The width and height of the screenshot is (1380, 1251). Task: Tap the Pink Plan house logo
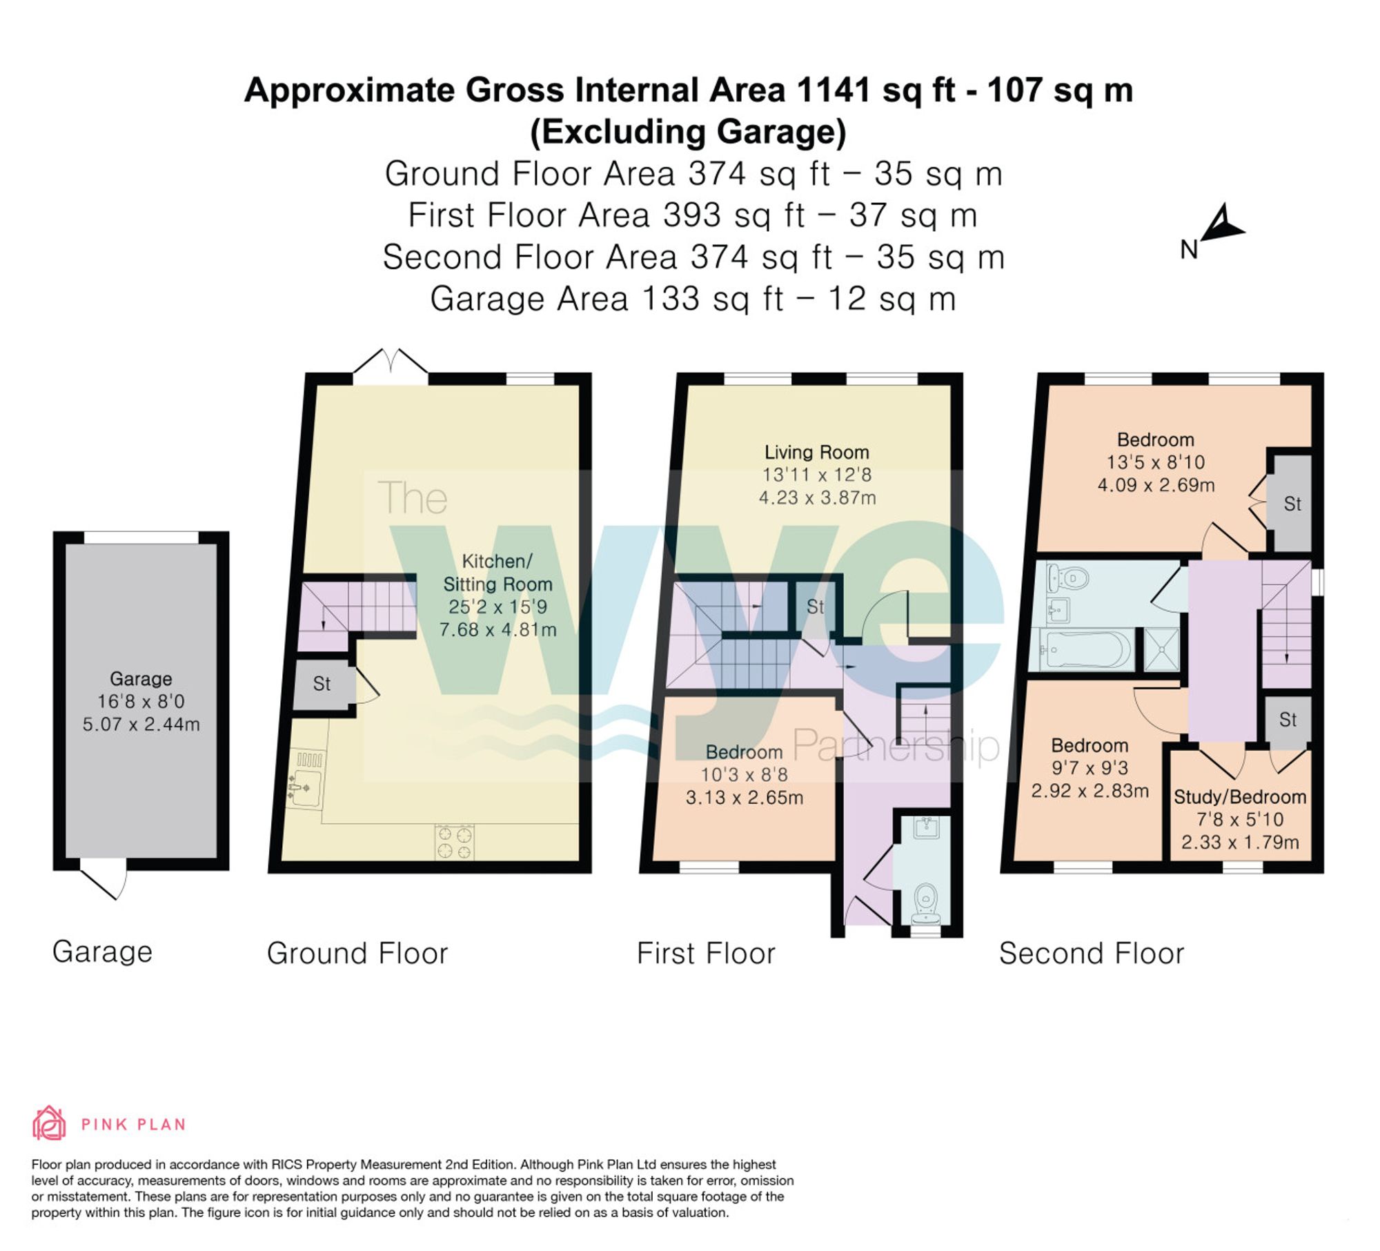click(x=49, y=1123)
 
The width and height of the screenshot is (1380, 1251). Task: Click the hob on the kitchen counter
click(x=455, y=843)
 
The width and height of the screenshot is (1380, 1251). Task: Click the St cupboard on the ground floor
click(x=322, y=684)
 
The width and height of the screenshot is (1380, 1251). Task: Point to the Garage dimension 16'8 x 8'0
click(x=141, y=702)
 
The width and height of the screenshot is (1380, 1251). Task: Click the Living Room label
click(x=816, y=453)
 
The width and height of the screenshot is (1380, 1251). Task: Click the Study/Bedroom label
click(x=1240, y=797)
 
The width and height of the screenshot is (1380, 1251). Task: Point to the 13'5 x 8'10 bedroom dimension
click(x=1156, y=462)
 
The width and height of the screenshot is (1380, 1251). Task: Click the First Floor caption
click(x=706, y=954)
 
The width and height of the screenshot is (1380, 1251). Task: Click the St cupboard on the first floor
click(x=815, y=607)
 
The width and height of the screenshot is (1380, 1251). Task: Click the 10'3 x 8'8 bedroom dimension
click(x=744, y=775)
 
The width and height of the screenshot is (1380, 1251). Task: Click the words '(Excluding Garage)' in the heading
click(x=688, y=132)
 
